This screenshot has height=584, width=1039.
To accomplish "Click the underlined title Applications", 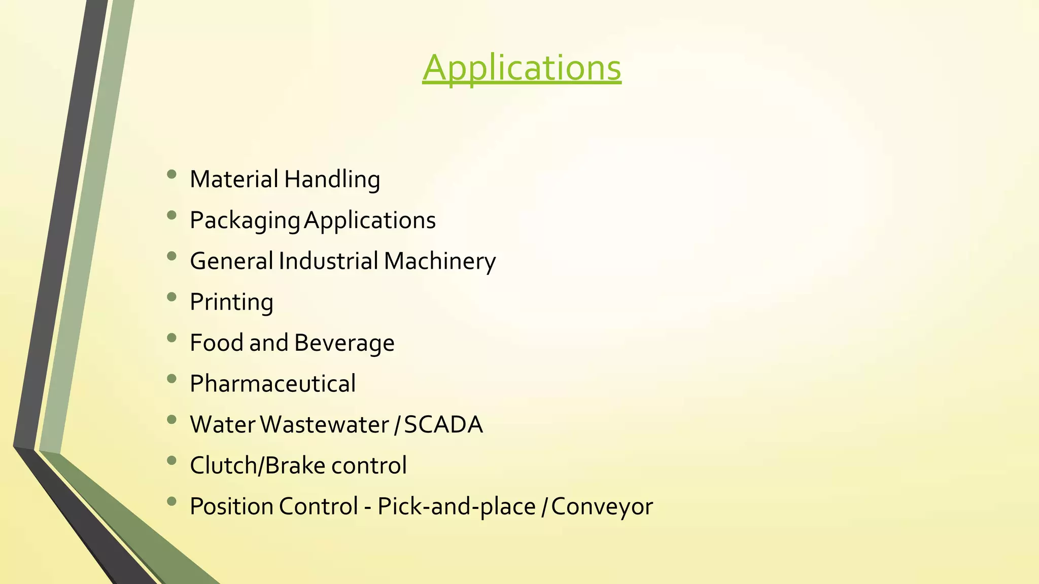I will pyautogui.click(x=522, y=68).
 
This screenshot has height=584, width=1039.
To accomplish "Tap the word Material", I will pyautogui.click(x=234, y=179).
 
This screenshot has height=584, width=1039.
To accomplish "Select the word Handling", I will pyautogui.click(x=332, y=180).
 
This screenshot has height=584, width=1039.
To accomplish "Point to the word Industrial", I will pyautogui.click(x=328, y=261).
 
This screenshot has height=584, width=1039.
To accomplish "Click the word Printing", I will pyautogui.click(x=231, y=303).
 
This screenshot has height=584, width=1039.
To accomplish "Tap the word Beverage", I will pyautogui.click(x=344, y=343).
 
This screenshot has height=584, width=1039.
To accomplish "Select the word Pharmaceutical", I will pyautogui.click(x=272, y=384).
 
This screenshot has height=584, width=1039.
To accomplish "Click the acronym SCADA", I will pyautogui.click(x=443, y=425).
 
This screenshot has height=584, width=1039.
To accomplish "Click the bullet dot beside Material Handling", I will pyautogui.click(x=171, y=174).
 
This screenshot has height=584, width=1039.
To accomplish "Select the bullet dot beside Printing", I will pyautogui.click(x=171, y=297).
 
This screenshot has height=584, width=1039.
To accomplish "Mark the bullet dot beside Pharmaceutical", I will pyautogui.click(x=171, y=379).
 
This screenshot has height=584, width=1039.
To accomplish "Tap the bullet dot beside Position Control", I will pyautogui.click(x=171, y=501).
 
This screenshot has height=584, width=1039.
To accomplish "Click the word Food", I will pyautogui.click(x=217, y=343).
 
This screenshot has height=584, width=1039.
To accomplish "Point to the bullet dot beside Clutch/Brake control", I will pyautogui.click(x=171, y=460).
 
